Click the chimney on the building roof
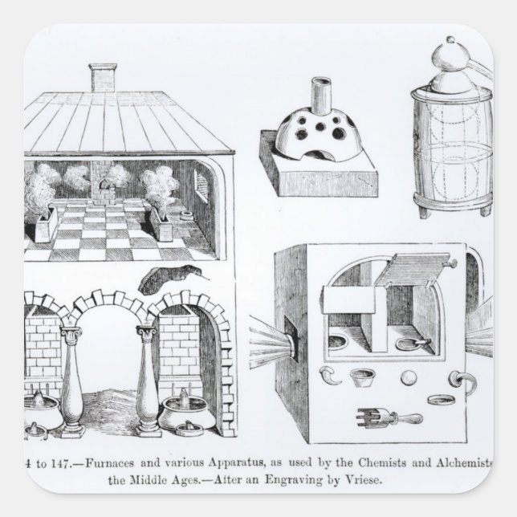102,79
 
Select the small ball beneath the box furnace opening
408,377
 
